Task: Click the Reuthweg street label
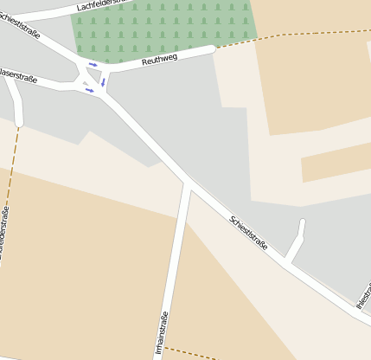(161, 59)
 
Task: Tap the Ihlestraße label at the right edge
(363, 294)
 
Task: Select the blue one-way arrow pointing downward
(103, 82)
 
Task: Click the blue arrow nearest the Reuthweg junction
(93, 65)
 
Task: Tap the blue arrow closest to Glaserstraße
(89, 90)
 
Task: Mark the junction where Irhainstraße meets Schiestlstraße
(189, 183)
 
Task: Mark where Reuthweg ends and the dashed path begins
(214, 48)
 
